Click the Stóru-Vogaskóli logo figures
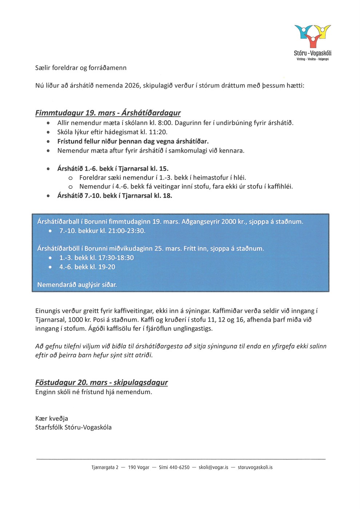point(312,36)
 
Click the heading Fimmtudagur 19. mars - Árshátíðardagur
point(108,113)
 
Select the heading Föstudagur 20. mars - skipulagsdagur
point(101,382)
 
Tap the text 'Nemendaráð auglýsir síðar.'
point(77,285)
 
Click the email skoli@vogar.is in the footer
point(213,467)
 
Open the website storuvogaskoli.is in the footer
point(255,467)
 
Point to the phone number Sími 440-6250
point(174,467)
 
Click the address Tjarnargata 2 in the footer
point(105,467)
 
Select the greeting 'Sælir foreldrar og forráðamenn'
point(81,68)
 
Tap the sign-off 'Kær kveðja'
point(52,418)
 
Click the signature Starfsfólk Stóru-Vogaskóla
point(73,427)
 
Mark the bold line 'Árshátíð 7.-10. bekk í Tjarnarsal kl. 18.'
point(115,196)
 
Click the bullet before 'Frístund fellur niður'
point(48,141)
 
